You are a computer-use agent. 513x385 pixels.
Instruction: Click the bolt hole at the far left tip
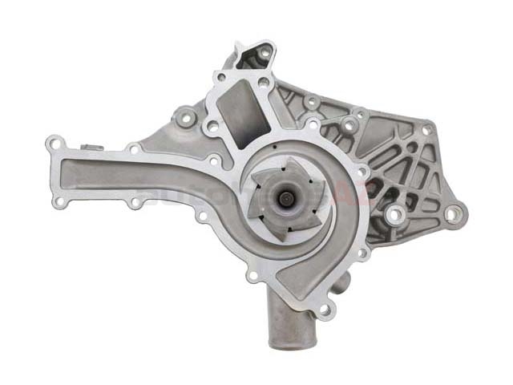tap(54, 145)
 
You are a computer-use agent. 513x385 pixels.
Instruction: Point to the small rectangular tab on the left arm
tap(89, 148)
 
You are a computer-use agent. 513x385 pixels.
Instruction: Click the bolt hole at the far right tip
tap(454, 213)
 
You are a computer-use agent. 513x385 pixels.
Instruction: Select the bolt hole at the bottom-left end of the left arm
tap(59, 201)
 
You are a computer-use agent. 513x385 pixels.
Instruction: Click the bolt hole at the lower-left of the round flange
tap(254, 277)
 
